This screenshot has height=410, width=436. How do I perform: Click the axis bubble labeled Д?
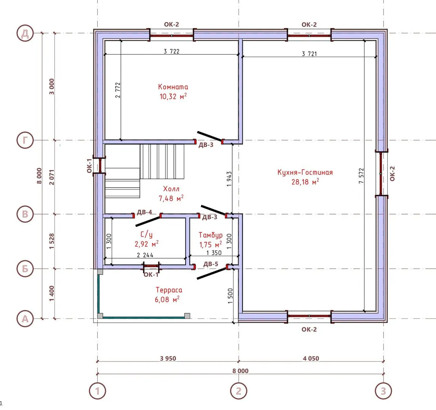25,33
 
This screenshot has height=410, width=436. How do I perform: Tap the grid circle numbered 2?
239,391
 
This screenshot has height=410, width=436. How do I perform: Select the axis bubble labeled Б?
25,269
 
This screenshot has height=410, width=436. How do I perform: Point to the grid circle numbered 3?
383,391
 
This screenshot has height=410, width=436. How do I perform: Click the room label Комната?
173,87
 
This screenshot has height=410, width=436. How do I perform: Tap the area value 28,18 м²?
305,182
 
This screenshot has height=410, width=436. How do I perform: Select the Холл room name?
171,189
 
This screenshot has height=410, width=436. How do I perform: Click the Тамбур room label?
211,235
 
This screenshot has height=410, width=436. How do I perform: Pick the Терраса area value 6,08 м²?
167,300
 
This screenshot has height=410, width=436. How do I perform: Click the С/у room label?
146,235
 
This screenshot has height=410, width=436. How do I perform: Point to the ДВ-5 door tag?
211,264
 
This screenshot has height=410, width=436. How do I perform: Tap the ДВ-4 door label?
144,212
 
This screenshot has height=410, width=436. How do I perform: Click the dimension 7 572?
361,175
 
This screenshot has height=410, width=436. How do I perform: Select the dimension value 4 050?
311,358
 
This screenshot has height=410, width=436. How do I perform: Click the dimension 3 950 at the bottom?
168,358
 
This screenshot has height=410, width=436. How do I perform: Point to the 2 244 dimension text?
145,255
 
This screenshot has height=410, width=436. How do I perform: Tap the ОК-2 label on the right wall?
392,173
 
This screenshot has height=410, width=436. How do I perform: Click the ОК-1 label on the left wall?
89,166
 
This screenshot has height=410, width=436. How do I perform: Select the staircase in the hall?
144,171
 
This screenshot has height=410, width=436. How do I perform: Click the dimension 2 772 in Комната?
117,90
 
